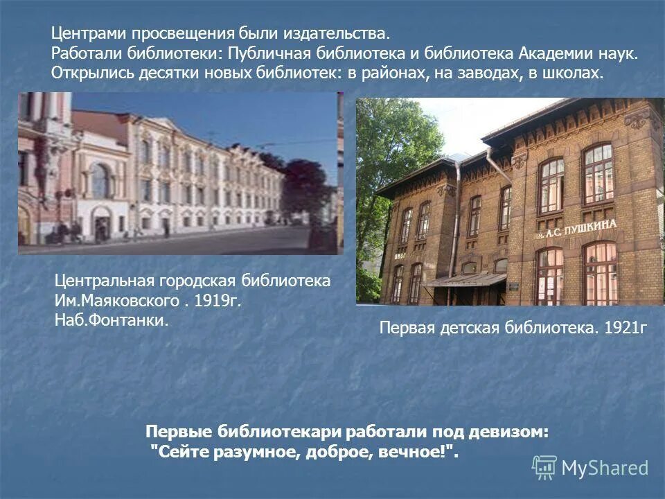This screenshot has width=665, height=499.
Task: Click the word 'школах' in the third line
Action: click(x=570, y=73)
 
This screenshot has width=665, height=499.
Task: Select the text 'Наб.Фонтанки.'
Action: click(x=111, y=322)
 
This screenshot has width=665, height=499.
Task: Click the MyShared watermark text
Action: click(x=605, y=469)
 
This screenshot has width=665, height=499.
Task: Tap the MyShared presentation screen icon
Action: click(x=544, y=468)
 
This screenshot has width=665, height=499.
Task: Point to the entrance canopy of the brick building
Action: click(x=465, y=279)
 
